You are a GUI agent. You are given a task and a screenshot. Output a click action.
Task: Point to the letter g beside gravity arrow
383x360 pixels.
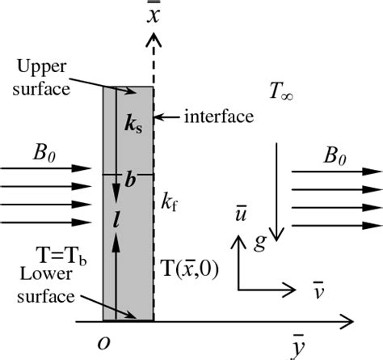pyautogui.click(x=259, y=242)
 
